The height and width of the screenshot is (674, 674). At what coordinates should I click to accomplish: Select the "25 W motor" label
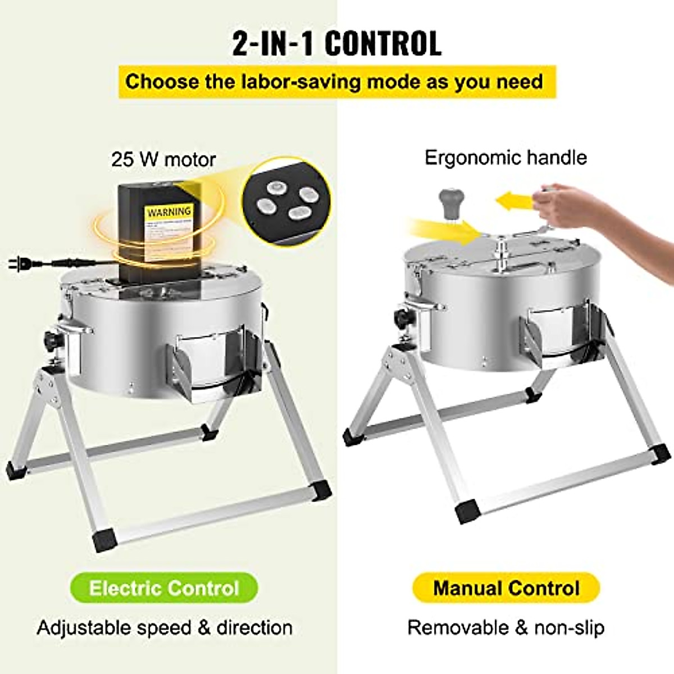[163, 159]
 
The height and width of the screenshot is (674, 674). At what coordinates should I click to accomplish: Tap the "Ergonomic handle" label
[505, 157]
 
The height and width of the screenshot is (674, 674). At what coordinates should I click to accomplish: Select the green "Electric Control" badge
[164, 588]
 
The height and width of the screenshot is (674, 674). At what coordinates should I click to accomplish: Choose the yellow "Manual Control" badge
[506, 588]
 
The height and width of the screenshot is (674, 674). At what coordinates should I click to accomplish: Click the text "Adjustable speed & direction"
[165, 627]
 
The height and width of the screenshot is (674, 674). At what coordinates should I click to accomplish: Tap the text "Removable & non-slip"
[505, 627]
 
